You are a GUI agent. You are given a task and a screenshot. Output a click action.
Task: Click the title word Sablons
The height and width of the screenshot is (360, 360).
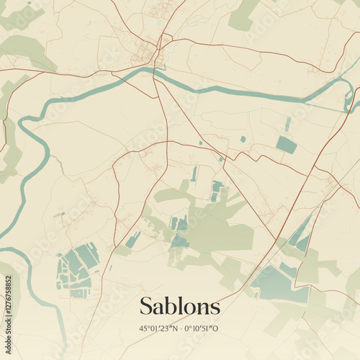click(x=180, y=306)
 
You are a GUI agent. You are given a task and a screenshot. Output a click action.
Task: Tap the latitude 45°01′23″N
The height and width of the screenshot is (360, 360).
click(x=158, y=328)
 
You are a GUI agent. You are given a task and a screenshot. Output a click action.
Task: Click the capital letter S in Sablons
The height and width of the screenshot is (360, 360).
click(x=146, y=306)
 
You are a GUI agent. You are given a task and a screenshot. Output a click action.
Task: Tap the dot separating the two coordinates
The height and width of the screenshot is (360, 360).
click(x=180, y=328)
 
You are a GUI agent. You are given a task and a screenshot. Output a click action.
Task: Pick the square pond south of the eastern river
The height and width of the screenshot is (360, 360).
click(x=286, y=145)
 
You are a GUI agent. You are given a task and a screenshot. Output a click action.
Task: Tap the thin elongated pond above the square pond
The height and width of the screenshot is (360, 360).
click(x=288, y=124)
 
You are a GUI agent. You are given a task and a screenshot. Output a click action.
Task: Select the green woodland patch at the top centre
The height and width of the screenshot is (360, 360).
click(x=243, y=14)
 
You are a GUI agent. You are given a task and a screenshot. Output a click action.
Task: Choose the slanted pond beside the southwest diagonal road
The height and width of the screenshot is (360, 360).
click(x=132, y=240)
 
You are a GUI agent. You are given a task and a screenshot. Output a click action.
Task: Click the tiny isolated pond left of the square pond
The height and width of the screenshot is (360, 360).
click(x=243, y=139)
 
